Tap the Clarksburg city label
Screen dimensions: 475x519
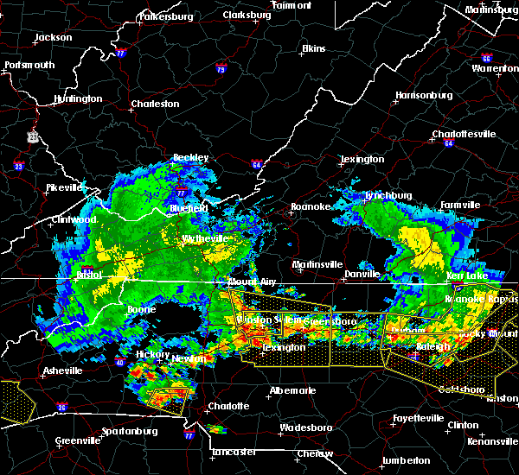point(247,15)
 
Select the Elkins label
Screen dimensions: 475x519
point(314,48)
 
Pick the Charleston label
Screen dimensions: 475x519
point(155,104)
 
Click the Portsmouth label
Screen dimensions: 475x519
point(29,65)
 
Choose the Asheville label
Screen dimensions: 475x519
point(62,370)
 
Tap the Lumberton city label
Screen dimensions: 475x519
point(406,460)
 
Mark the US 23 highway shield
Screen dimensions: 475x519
point(33,136)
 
